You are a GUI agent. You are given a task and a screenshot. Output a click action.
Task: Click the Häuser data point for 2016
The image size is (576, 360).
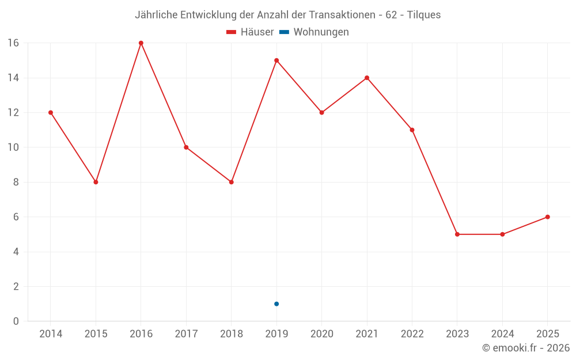[141, 43]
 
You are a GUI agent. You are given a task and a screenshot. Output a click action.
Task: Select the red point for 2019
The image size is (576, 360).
[276, 60]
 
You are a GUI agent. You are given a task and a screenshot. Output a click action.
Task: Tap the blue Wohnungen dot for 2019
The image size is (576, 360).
[276, 304]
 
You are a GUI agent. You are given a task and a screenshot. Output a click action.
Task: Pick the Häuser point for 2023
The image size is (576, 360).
[457, 234]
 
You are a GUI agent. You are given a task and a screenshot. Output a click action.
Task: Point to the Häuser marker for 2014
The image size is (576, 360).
[51, 112]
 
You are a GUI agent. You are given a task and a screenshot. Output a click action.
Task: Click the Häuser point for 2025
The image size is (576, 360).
[547, 217]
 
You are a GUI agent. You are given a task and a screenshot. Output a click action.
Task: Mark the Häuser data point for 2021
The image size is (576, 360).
[367, 78]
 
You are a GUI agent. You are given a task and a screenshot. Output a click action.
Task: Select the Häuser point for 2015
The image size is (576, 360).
[96, 182]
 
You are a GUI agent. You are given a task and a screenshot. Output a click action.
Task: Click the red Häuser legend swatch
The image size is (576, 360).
[232, 32]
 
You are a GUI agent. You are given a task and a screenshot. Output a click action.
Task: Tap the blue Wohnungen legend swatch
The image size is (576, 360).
[284, 32]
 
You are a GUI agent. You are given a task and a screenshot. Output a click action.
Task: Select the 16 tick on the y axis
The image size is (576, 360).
[13, 43]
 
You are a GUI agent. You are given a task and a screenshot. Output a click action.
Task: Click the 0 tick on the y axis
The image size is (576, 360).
[16, 321]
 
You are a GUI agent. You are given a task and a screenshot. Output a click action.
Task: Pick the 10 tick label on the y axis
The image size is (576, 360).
[13, 147]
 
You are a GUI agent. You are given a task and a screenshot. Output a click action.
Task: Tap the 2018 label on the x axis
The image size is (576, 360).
[231, 334]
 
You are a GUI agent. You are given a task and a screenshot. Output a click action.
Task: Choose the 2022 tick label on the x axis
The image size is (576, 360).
[412, 334]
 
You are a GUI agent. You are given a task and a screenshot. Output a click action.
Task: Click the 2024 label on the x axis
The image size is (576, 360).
[502, 334]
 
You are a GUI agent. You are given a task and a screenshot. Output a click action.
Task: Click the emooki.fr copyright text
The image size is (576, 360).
[526, 348]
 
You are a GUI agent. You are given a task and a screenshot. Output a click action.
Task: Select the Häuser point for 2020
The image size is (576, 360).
[321, 112]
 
